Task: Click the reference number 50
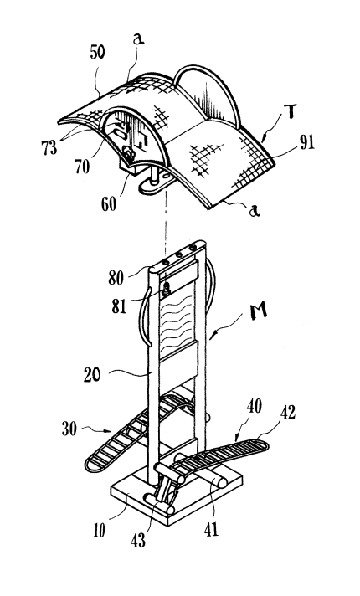(x=97, y=53)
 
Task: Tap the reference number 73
(x=49, y=146)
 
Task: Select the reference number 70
(x=82, y=167)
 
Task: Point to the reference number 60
(x=108, y=204)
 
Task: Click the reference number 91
(x=307, y=142)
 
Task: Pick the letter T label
(x=290, y=112)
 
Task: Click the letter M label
(x=259, y=311)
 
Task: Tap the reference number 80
(x=116, y=278)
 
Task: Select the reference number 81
(x=119, y=306)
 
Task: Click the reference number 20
(x=92, y=375)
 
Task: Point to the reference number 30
(x=69, y=429)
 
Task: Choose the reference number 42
(x=287, y=413)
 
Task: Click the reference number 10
(x=100, y=531)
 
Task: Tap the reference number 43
(x=138, y=540)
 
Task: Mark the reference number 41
(x=211, y=529)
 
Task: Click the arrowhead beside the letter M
(x=212, y=335)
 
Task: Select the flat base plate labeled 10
(x=176, y=494)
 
